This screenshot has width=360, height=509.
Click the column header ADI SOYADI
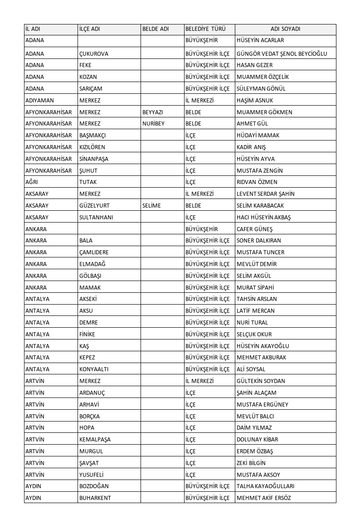(x=285, y=29)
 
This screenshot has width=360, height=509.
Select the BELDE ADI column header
(x=156, y=29)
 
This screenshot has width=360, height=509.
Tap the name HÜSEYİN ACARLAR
(x=260, y=40)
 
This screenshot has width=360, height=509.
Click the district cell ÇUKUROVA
(x=94, y=54)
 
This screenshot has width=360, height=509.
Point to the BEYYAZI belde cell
(x=153, y=112)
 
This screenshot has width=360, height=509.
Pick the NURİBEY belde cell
(x=153, y=124)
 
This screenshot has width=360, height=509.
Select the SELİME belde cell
(x=151, y=206)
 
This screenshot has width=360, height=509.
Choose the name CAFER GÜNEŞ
(x=255, y=229)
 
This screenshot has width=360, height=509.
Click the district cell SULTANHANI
(x=96, y=218)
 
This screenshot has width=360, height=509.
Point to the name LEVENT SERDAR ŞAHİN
(x=266, y=194)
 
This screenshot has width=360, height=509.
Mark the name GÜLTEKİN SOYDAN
(x=261, y=381)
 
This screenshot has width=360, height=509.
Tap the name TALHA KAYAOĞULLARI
(x=266, y=486)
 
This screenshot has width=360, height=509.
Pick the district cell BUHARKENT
(x=95, y=498)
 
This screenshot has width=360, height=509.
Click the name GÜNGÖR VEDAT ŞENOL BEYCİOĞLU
(x=282, y=54)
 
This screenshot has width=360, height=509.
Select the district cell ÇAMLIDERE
(x=94, y=252)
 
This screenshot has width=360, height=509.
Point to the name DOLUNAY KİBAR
(x=258, y=440)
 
